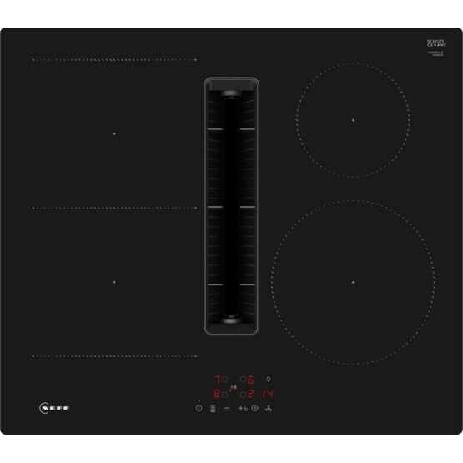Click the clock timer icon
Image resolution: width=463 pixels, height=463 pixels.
tap(255, 409)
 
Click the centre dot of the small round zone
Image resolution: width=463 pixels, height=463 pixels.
tap(354, 120)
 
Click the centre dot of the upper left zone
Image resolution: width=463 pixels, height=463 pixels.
tap(115, 133)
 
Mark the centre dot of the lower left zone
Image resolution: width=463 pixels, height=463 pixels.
tap(115, 281)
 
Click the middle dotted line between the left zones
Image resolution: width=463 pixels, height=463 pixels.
tap(114, 208)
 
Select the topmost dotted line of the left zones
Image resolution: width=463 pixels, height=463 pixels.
tap(114, 60)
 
